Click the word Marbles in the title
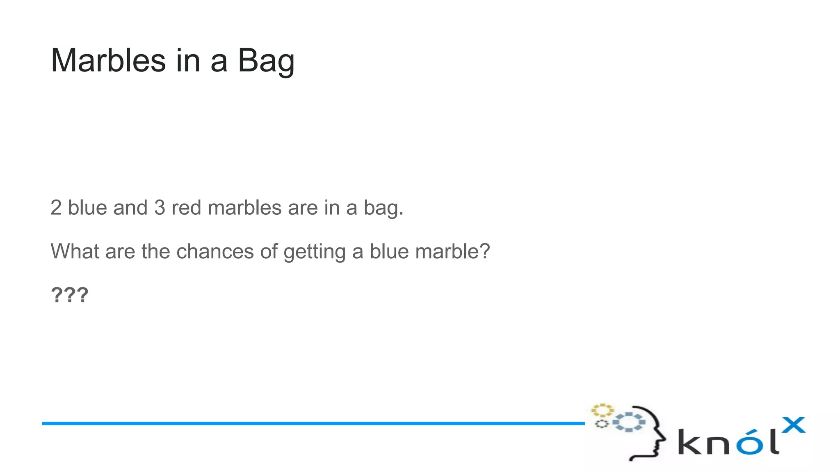(108, 60)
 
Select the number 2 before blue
(56, 207)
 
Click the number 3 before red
(160, 207)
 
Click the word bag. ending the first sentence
(383, 208)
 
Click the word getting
(315, 252)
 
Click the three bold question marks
(69, 295)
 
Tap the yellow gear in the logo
(602, 410)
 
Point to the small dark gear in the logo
(601, 424)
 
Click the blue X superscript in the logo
(794, 425)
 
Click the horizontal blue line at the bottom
(313, 423)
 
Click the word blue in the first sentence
(87, 207)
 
